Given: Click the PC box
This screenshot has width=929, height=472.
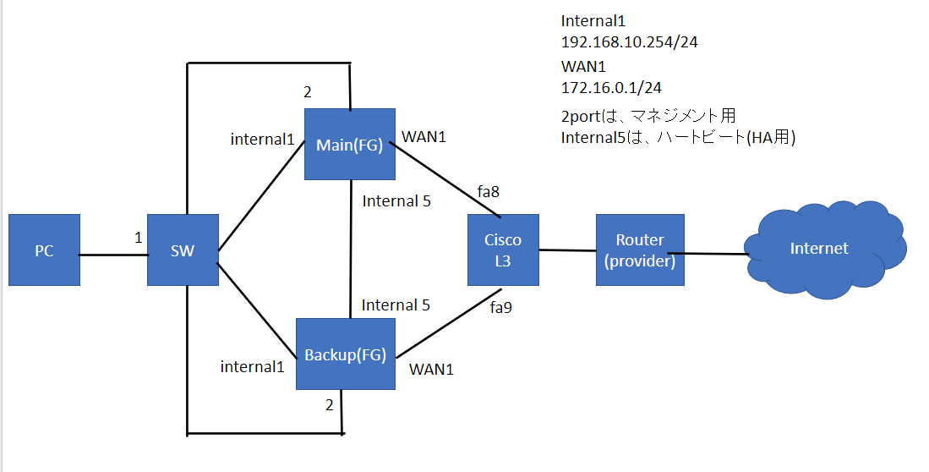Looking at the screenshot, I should (x=44, y=250).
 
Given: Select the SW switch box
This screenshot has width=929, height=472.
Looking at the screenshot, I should (x=183, y=250).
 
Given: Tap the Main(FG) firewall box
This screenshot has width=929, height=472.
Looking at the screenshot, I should (x=349, y=144).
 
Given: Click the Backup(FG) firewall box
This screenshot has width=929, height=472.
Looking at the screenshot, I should (x=345, y=354).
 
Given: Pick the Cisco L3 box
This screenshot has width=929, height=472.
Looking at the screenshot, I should (x=503, y=250).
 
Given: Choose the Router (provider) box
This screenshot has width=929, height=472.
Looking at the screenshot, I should (x=639, y=250).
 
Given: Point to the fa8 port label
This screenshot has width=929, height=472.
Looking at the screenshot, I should (x=489, y=192).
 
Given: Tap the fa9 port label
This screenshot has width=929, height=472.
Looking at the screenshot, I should (x=500, y=308).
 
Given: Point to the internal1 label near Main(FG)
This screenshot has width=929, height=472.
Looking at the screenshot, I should (x=262, y=139).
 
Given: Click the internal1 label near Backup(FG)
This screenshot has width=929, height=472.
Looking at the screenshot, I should (x=252, y=366).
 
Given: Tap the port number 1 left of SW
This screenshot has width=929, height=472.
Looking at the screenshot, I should (x=139, y=238).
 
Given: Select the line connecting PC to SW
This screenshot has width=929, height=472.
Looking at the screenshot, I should (x=113, y=252).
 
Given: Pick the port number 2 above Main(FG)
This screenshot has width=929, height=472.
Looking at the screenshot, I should (x=308, y=91).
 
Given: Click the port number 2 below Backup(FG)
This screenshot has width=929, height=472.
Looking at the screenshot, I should (x=329, y=404).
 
